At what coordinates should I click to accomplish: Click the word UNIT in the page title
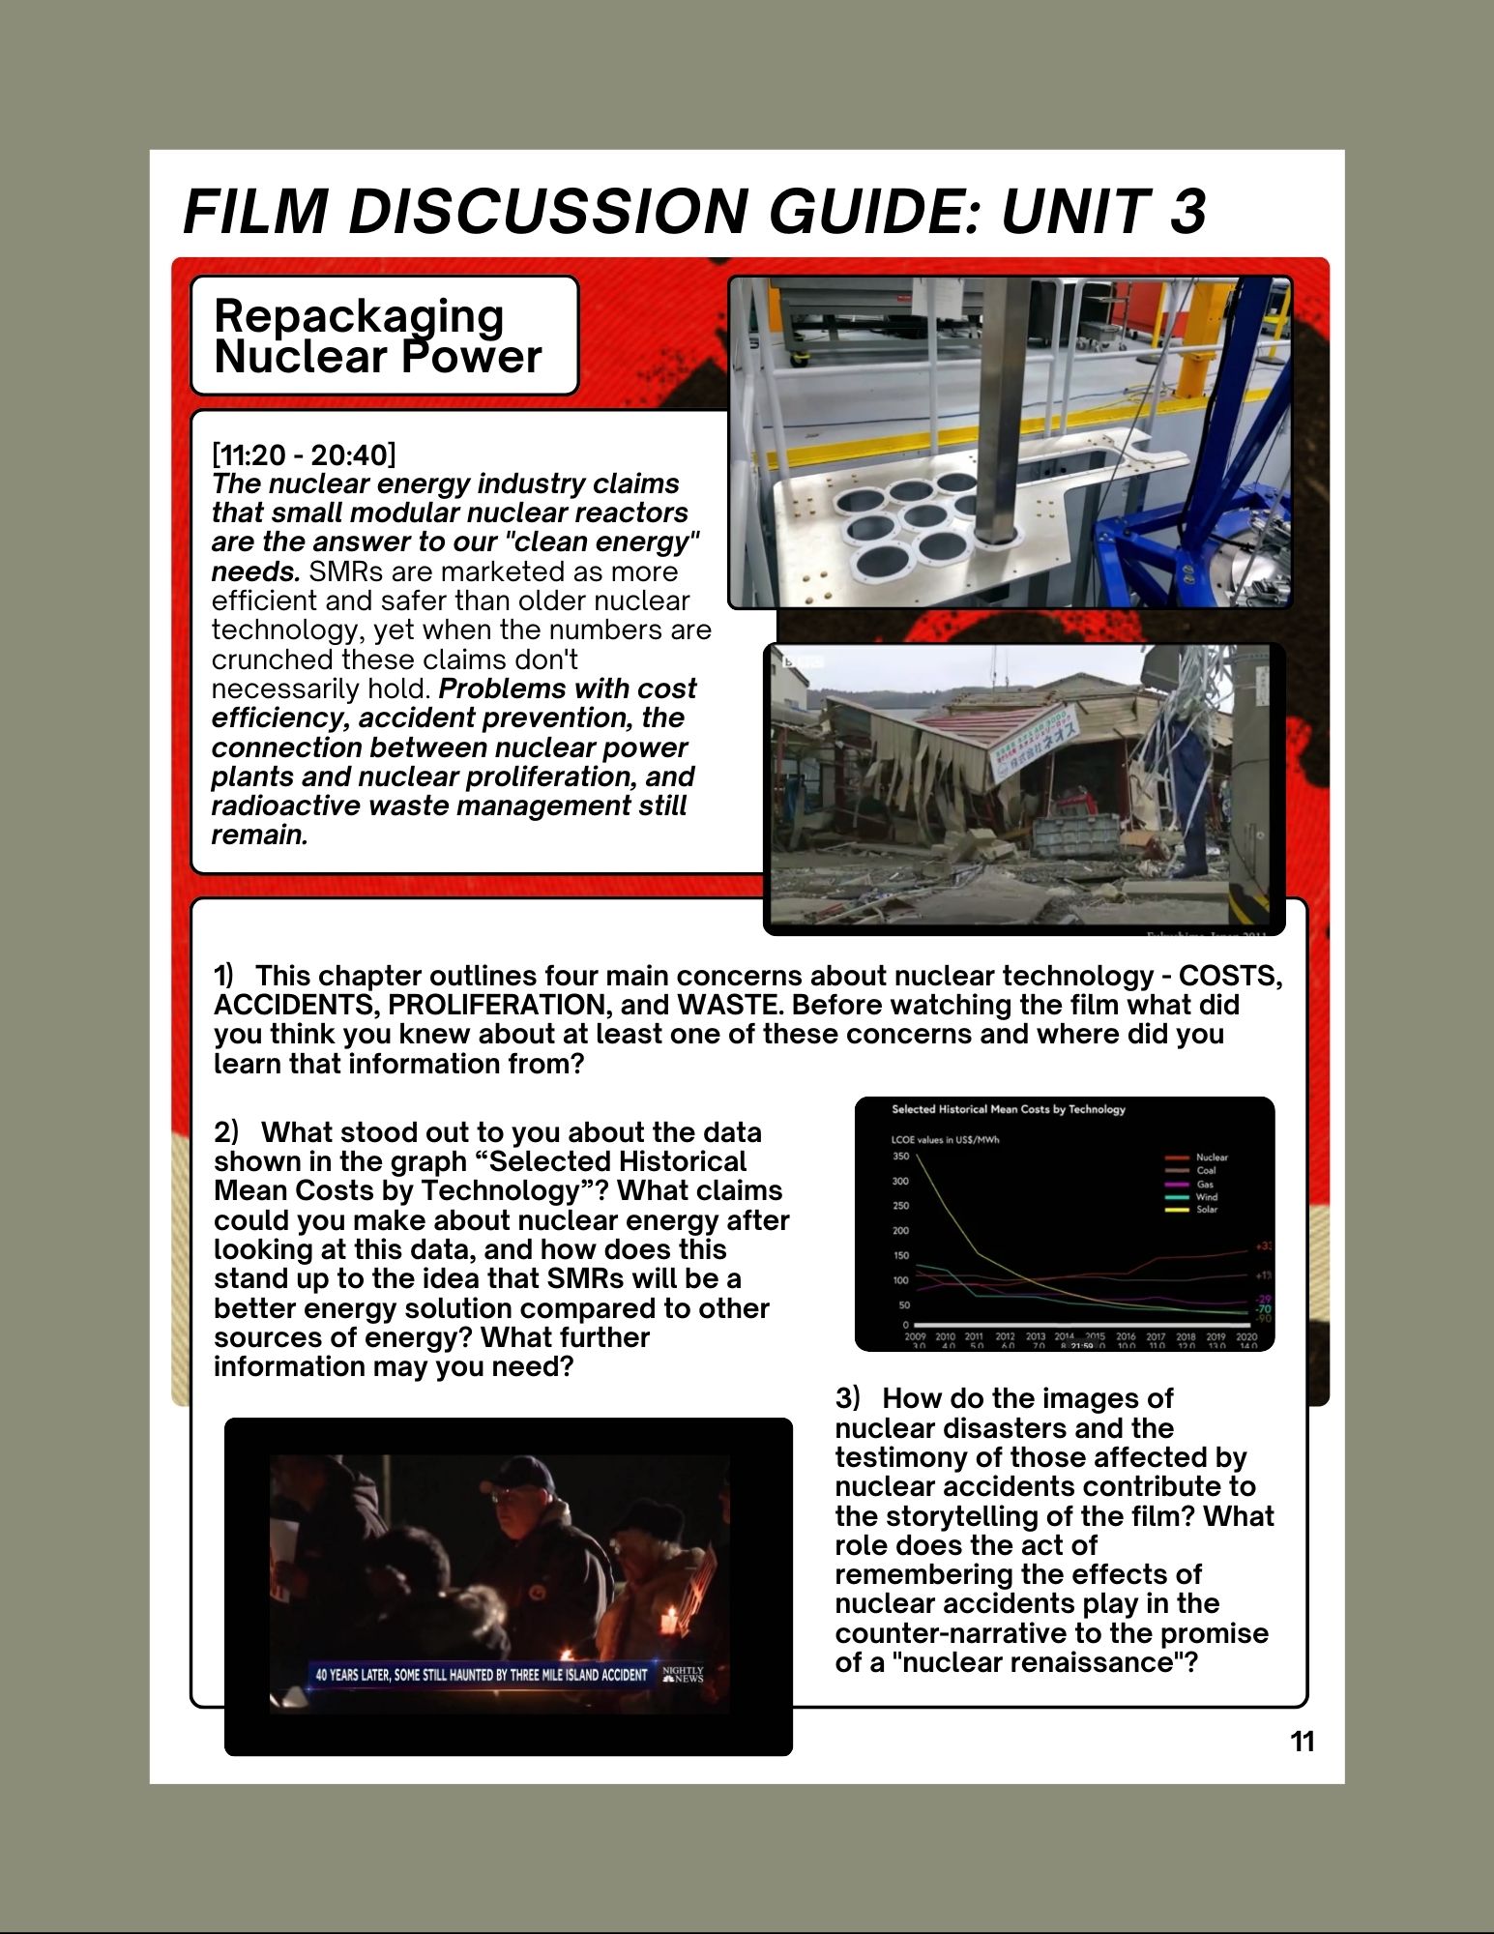[x=1073, y=211]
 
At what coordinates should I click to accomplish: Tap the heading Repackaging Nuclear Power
[x=377, y=336]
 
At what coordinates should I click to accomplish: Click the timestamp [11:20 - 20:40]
[x=304, y=454]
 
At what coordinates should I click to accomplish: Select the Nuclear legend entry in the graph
[x=1211, y=1157]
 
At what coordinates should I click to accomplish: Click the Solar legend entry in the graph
[x=1206, y=1210]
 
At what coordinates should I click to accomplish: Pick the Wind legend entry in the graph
[x=1206, y=1197]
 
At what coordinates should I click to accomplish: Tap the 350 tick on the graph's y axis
[x=900, y=1157]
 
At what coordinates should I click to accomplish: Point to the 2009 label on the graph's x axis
[x=915, y=1336]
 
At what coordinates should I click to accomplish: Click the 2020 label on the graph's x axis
[x=1246, y=1336]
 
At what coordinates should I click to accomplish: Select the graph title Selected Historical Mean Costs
[x=1008, y=1109]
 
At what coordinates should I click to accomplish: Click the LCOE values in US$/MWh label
[x=945, y=1140]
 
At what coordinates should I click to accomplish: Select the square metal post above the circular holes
[x=993, y=406]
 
